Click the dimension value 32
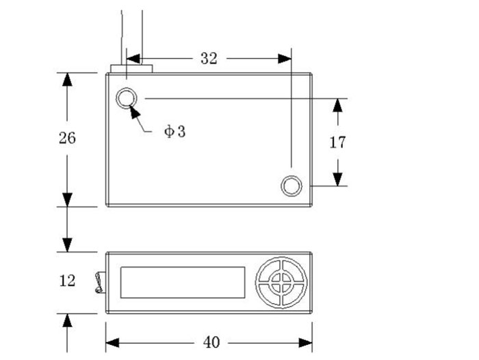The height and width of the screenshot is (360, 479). pos(209,58)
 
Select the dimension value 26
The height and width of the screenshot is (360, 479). pos(67,138)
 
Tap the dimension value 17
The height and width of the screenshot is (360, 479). pos(337,142)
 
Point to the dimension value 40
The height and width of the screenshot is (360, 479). pos(211,343)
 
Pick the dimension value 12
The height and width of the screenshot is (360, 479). pos(67,281)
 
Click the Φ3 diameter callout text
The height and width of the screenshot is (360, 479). pos(174,131)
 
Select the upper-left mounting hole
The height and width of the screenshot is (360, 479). pos(126,98)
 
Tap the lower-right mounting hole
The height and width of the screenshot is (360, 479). pos(292,185)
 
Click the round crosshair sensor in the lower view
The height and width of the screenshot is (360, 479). pos(281,283)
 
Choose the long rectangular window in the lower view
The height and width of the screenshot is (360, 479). pos(183,283)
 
